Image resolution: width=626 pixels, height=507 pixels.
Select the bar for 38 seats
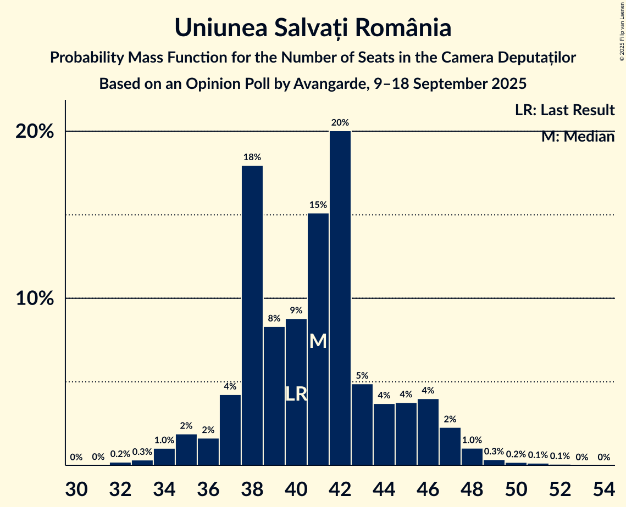coord(252,315)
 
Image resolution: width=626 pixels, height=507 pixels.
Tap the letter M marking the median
coord(318,341)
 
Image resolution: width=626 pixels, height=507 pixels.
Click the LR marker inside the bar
coord(296,394)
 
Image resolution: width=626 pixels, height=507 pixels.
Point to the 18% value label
coord(252,157)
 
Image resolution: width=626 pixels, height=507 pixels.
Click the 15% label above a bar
coord(318,205)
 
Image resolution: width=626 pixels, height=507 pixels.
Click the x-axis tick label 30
coord(76,487)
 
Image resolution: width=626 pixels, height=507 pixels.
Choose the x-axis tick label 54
coord(603,487)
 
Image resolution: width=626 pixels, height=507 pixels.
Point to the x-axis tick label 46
coord(428,487)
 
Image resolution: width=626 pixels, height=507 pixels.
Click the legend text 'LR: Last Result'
coord(564,110)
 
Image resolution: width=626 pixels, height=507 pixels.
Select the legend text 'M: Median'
coord(578,137)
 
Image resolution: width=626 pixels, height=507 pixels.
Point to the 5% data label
coord(362,376)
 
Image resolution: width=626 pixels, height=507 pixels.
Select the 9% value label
coord(296,311)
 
